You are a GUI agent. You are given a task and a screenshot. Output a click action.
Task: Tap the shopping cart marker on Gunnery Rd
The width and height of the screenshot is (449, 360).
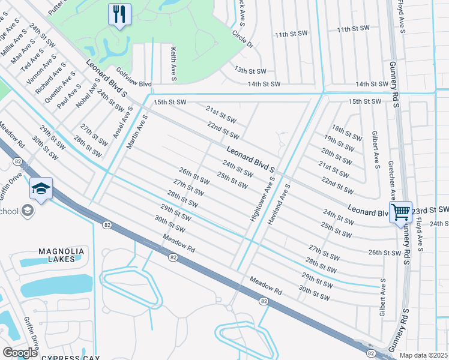400,212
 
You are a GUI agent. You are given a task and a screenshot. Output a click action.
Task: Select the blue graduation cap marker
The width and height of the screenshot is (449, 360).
41,190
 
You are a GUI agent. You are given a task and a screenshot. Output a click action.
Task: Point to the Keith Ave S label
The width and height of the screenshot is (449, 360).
173,64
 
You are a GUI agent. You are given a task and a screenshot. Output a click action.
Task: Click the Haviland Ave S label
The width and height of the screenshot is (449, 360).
279,205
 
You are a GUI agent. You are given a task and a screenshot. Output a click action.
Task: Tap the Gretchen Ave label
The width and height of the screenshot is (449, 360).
391,180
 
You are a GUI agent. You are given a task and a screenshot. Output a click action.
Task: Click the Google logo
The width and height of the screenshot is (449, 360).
20,352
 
